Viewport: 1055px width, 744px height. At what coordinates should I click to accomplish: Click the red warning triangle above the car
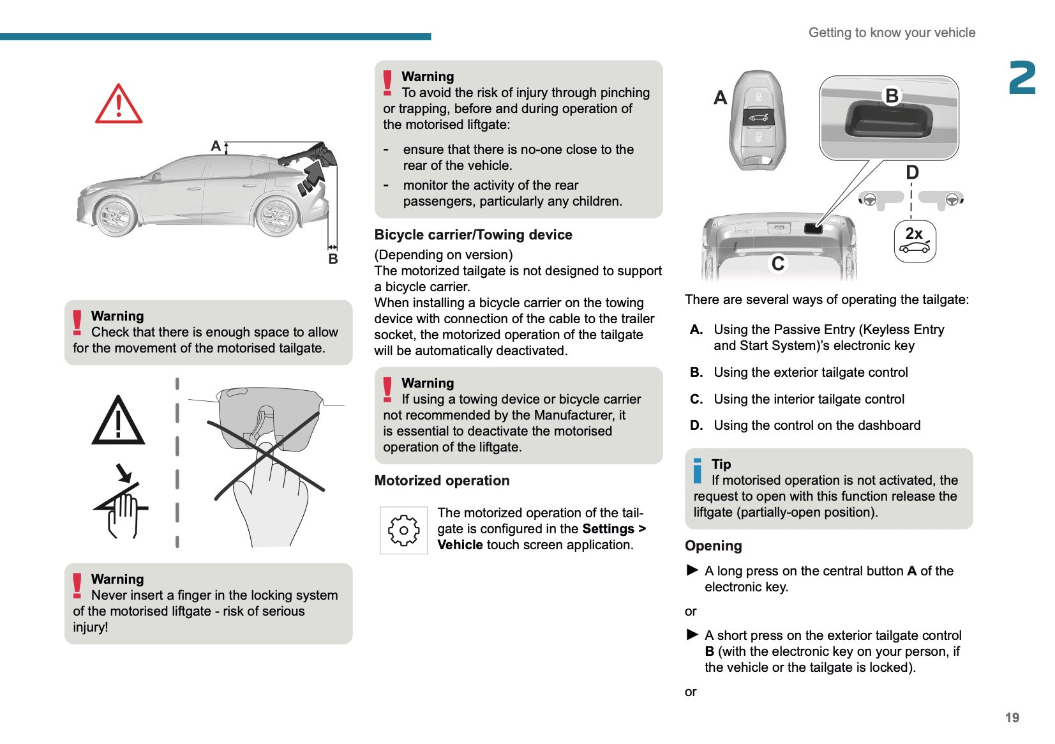click(x=119, y=104)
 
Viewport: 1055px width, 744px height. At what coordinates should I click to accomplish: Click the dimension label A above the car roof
click(x=216, y=146)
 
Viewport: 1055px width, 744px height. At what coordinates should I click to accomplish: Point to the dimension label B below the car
click(x=333, y=259)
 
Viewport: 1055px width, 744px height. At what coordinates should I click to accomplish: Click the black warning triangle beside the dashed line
click(x=119, y=421)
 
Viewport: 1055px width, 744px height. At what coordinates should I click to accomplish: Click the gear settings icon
click(x=403, y=530)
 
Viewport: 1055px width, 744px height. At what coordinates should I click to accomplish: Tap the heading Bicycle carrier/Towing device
click(x=473, y=235)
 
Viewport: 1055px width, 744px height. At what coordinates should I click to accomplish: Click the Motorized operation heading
click(x=442, y=481)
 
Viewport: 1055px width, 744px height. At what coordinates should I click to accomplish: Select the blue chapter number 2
click(x=1022, y=79)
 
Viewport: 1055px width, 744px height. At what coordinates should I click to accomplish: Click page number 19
click(x=1012, y=718)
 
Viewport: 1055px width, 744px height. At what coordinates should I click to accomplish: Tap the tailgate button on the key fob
click(x=758, y=117)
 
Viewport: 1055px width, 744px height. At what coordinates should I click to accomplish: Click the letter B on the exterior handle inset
click(x=892, y=96)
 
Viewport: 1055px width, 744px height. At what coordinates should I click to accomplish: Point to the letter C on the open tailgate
click(x=777, y=264)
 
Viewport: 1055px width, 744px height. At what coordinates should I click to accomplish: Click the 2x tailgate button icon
click(x=915, y=241)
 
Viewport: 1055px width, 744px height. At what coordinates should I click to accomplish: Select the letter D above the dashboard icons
click(x=912, y=172)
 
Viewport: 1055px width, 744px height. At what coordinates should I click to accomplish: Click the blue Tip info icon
click(x=697, y=471)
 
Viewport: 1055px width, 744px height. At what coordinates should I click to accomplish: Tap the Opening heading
click(x=713, y=546)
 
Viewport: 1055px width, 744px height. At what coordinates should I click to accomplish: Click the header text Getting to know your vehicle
click(x=892, y=33)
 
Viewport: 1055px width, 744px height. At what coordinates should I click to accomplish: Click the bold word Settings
click(x=608, y=529)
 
